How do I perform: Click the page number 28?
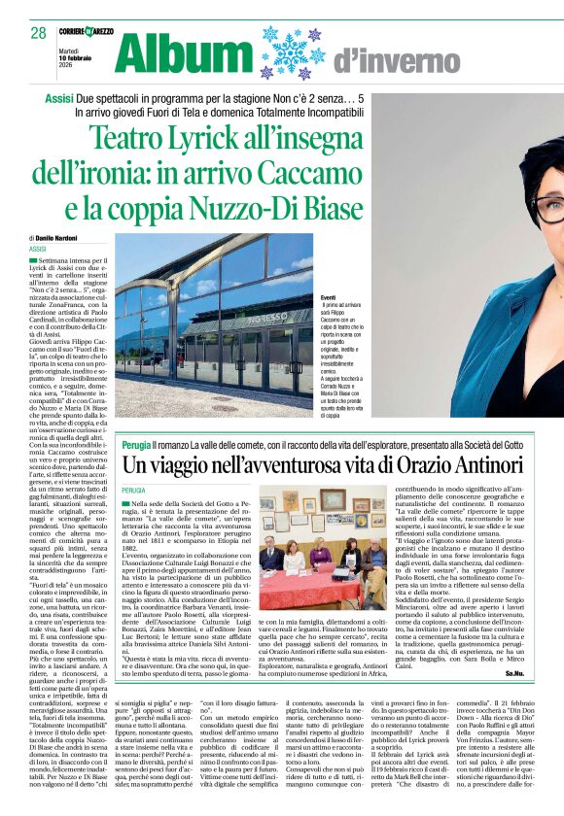38,32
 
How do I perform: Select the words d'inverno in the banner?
383,62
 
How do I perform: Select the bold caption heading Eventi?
329,300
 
